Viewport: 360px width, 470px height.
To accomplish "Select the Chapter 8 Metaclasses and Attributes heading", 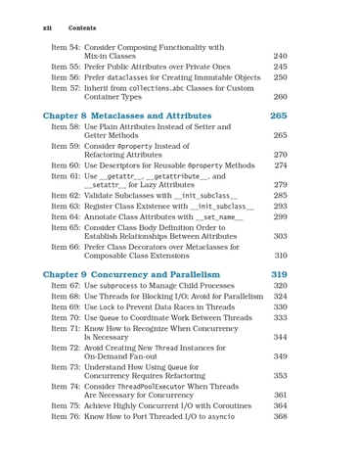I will pyautogui.click(x=142, y=116).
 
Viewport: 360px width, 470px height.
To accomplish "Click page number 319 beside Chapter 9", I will pyautogui.click(x=279, y=275).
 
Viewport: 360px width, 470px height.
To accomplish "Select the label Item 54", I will pyautogui.click(x=65, y=47).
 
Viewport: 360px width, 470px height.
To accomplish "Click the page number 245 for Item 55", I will pyautogui.click(x=280, y=67).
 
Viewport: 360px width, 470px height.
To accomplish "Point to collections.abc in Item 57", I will pyautogui.click(x=172, y=88).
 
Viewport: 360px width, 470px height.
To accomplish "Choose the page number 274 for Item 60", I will pyautogui.click(x=280, y=165).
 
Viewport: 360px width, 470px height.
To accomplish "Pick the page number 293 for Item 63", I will pyautogui.click(x=280, y=207).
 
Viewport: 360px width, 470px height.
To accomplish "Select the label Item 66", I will pyautogui.click(x=65, y=247).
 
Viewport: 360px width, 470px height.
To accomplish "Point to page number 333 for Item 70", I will pyautogui.click(x=280, y=317).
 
